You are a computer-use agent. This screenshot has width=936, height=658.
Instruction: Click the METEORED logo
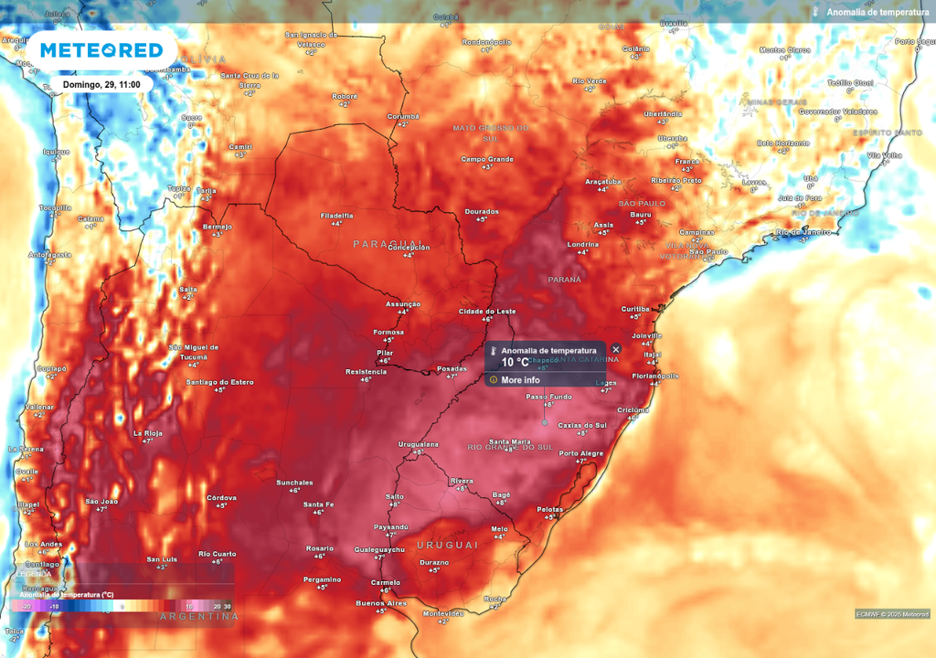coord(101,50)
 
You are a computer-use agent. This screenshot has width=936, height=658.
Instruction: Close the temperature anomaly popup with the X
coord(615,349)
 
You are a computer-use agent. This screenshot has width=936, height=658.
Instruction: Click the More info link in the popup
coord(520,380)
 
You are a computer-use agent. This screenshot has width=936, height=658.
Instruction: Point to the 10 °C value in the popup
coord(515,362)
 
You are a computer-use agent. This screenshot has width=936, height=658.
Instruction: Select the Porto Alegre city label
coord(580,453)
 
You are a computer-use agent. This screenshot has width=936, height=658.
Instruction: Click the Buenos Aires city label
coord(381,603)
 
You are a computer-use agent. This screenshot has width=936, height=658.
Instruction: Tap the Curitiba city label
coord(635,309)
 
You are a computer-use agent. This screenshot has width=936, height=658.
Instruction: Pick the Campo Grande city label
coord(487,159)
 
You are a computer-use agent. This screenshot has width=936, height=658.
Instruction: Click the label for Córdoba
coord(221,497)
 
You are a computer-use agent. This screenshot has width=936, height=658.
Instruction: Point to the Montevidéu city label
coord(442,613)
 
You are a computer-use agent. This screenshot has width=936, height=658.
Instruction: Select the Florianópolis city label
coord(654,376)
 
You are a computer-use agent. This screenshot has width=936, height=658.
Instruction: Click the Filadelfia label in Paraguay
coord(337,215)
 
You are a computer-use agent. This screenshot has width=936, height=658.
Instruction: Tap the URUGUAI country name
coord(447,545)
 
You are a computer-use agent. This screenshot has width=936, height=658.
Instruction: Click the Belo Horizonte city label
coord(783,143)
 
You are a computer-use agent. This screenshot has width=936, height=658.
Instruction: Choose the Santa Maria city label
coord(510,442)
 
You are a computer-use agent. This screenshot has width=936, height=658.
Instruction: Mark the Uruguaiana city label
coord(419,444)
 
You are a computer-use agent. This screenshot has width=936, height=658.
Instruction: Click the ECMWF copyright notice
coord(892,613)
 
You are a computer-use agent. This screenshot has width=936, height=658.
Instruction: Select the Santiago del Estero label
coord(220,382)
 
